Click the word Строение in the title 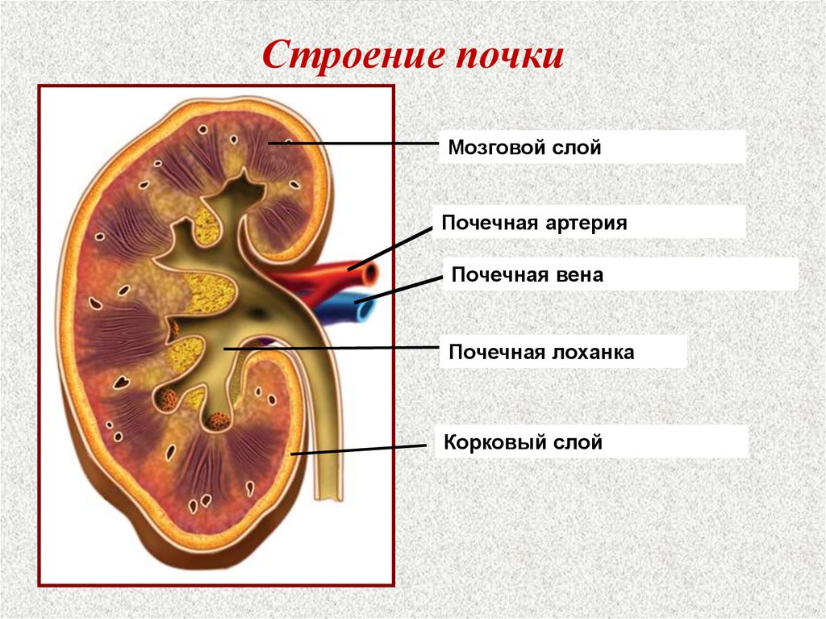pyautogui.click(x=353, y=57)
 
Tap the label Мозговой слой pyautogui.click(x=525, y=148)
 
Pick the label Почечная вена pyautogui.click(x=527, y=274)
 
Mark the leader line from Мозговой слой pyautogui.click(x=363, y=144)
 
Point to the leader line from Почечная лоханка pyautogui.click(x=331, y=349)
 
